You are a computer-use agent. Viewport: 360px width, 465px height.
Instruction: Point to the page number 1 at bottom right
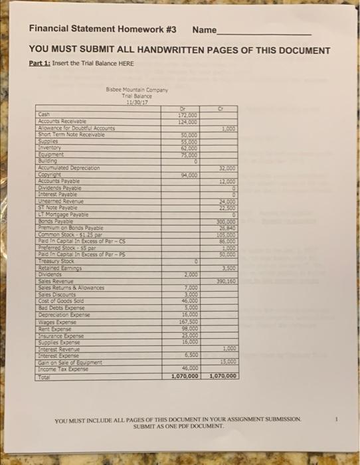pos(338,418)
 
